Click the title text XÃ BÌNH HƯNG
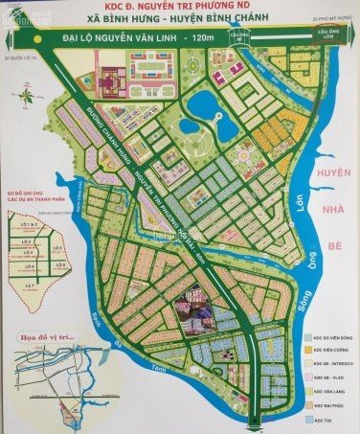(x=124, y=29)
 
